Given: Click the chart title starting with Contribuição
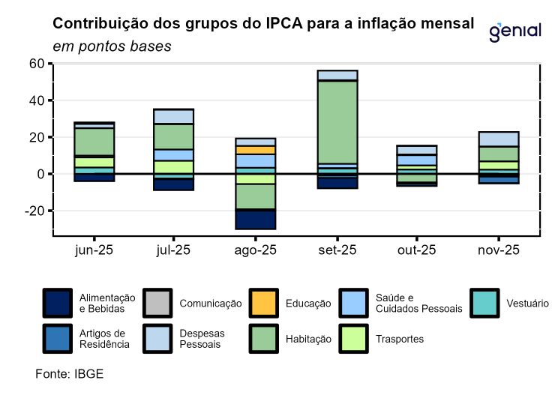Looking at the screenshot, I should pos(262,24).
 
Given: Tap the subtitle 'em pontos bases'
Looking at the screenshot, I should pos(112,46).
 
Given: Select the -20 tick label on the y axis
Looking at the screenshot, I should pos(34,211).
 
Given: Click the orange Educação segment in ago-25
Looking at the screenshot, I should pos(256,150).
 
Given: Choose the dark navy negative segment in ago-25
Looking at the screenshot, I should pos(256,219).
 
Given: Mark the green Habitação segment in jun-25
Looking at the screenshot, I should pos(94,141).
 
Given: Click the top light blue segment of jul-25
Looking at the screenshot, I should pos(174,116).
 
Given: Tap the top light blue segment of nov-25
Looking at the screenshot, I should pos(498,139).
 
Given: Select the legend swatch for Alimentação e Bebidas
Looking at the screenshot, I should pos(58,304).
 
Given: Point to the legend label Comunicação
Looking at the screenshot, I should pos(211,304).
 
